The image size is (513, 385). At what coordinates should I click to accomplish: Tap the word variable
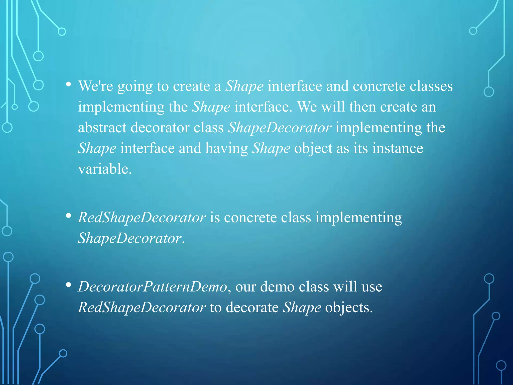click(105, 169)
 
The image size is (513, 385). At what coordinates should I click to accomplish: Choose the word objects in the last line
click(349, 308)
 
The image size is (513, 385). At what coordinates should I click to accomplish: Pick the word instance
click(398, 148)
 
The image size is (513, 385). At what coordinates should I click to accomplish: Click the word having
click(227, 149)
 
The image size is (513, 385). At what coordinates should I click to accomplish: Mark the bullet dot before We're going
click(68, 84)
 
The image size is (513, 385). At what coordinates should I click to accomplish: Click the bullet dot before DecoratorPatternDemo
click(68, 285)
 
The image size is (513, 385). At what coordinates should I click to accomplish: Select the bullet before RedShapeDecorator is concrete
click(68, 216)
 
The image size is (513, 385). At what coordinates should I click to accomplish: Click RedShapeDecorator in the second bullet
click(142, 217)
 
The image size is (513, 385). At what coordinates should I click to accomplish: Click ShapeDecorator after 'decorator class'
click(280, 128)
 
